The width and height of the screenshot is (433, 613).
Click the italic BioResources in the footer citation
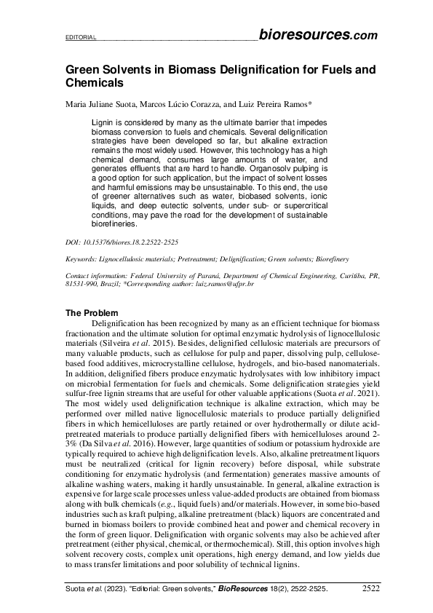(x=239, y=587)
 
